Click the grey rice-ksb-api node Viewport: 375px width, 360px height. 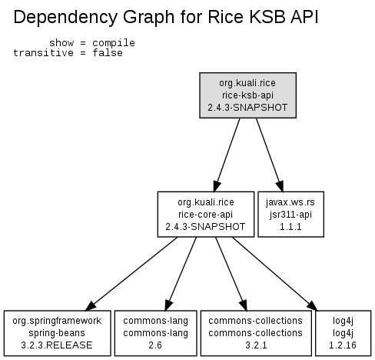click(247, 95)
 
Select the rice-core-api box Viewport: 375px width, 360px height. click(206, 214)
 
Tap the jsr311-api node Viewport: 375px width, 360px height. click(290, 214)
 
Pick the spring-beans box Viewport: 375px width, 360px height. click(58, 333)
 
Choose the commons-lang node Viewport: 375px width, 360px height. click(155, 333)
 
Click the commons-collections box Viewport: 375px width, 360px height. click(256, 333)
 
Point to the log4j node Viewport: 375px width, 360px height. click(343, 333)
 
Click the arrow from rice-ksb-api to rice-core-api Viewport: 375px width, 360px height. click(227, 155)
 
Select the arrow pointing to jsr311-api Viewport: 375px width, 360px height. click(270, 155)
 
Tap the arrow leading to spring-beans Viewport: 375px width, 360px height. click(131, 274)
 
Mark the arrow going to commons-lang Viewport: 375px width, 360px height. click(181, 274)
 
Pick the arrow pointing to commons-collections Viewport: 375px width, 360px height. click(231, 274)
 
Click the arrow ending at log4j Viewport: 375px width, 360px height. click(275, 274)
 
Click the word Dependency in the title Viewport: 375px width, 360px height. click(65, 18)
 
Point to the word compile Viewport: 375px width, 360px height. click(114, 43)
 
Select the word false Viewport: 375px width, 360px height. click(108, 53)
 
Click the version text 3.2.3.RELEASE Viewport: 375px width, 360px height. click(57, 345)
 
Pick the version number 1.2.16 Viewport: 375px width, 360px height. click(343, 345)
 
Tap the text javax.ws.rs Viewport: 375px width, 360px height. click(290, 202)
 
